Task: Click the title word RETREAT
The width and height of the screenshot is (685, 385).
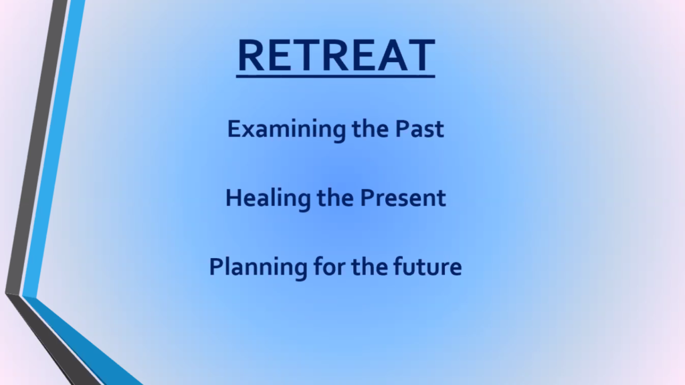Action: (336, 55)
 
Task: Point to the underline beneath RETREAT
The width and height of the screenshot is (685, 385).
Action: (336, 76)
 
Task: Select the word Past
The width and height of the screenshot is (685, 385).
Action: (419, 129)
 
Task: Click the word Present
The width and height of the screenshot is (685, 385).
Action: (403, 198)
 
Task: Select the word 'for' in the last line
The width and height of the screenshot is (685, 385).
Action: (329, 266)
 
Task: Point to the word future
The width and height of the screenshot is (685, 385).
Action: (427, 266)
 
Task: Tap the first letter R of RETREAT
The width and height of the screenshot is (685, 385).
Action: (252, 55)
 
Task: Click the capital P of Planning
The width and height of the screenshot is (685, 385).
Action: (217, 267)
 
